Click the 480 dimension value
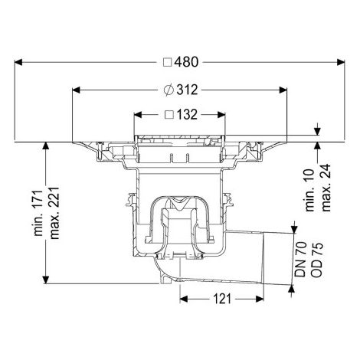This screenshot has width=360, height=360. point(186,62)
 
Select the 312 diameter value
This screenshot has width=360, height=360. point(187,90)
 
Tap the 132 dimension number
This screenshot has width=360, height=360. point(187,115)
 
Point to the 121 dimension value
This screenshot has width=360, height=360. point(222,299)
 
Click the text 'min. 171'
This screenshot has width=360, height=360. point(38,213)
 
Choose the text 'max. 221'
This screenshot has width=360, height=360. point(54,213)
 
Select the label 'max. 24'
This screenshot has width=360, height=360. point(326,188)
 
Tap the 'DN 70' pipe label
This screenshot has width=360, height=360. point(300,260)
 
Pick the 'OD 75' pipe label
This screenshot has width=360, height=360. point(317,260)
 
